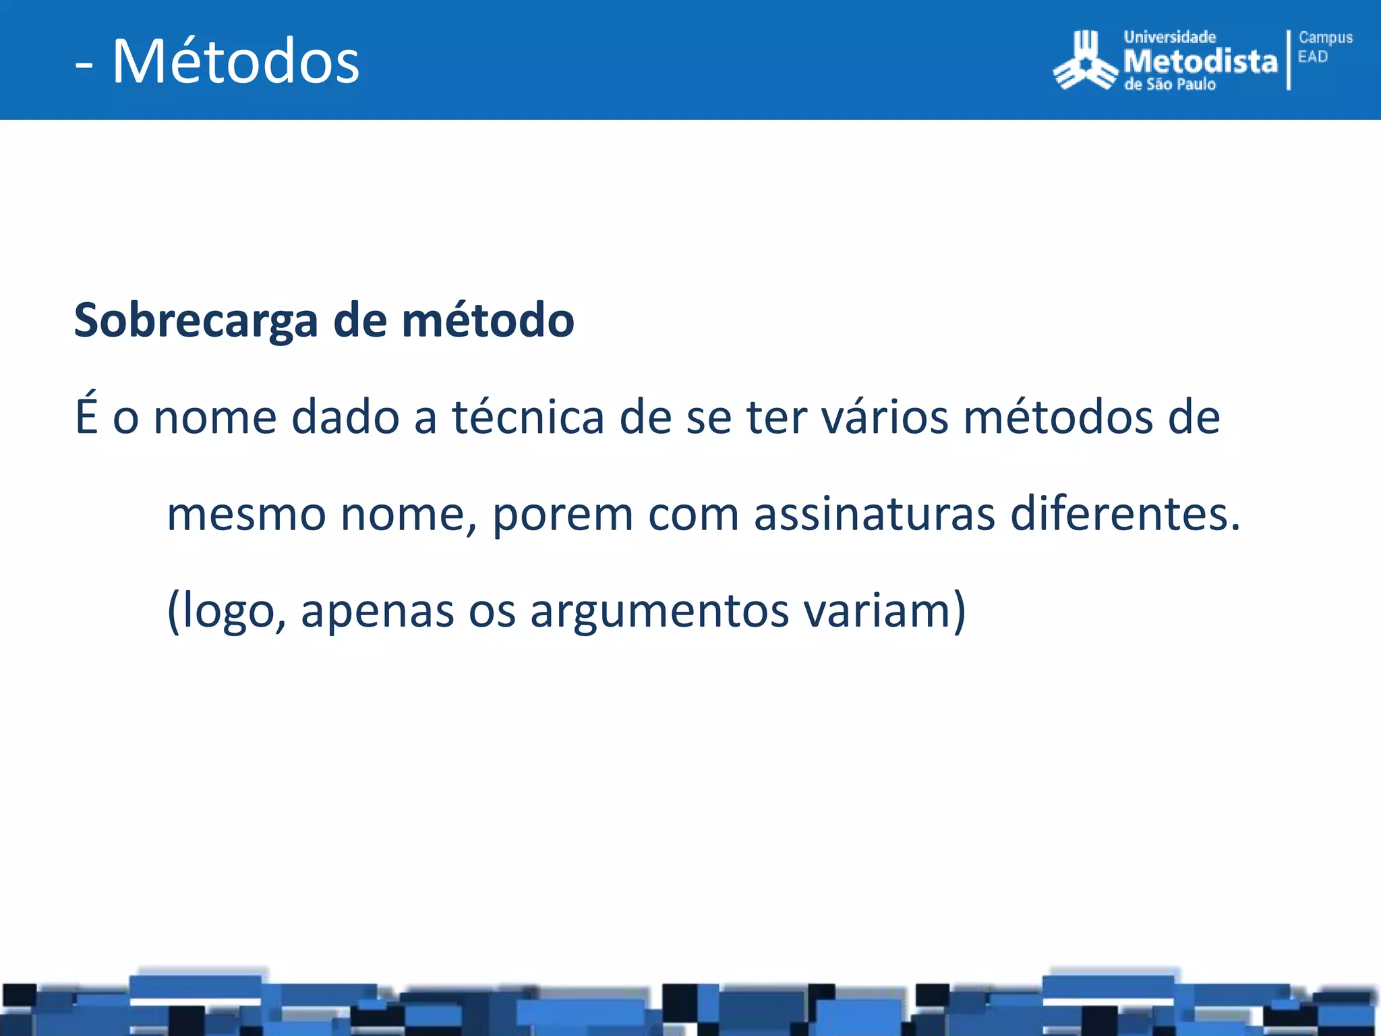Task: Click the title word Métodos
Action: click(x=235, y=61)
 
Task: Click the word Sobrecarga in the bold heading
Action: click(x=196, y=320)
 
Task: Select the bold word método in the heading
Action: click(x=488, y=320)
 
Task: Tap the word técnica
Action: click(x=527, y=417)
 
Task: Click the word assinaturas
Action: click(x=874, y=514)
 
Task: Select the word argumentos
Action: click(x=659, y=610)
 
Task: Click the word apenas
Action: click(x=377, y=610)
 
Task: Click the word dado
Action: click(x=345, y=417)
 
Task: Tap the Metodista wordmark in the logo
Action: click(x=1200, y=62)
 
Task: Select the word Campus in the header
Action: click(x=1325, y=38)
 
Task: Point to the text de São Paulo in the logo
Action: click(x=1170, y=85)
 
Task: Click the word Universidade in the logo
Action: click(x=1169, y=38)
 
